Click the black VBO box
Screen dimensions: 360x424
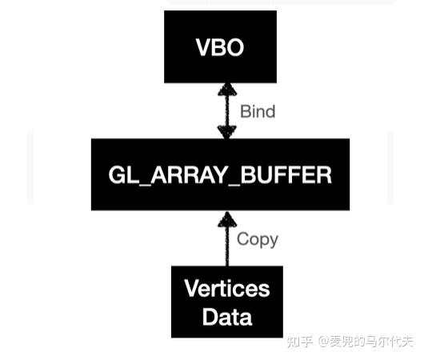tap(220, 46)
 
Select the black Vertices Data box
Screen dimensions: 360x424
tap(226, 302)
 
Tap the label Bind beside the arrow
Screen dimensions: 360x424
tap(258, 111)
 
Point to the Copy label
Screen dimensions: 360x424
tap(258, 238)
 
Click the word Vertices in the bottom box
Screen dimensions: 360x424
tap(227, 288)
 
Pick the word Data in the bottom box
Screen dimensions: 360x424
tap(227, 316)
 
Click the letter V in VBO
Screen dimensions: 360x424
tap(204, 47)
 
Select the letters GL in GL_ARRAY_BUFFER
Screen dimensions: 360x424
tap(120, 175)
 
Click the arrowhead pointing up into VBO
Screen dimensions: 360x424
tap(226, 89)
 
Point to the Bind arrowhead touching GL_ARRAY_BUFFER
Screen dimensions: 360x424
tap(226, 132)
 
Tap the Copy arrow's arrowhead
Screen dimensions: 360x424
tap(226, 218)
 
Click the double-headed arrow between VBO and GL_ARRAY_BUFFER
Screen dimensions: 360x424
tap(226, 110)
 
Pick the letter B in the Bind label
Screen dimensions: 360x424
tap(245, 111)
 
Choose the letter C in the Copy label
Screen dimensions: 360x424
tap(242, 238)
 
